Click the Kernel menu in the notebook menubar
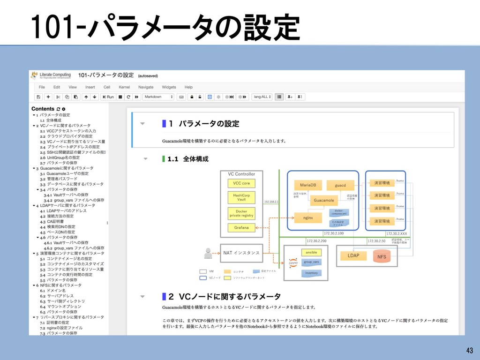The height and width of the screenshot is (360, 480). [x=124, y=87]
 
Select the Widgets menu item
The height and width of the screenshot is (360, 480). [x=169, y=87]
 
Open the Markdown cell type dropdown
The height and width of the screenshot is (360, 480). [x=159, y=97]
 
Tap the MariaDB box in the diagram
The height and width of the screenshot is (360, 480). [x=308, y=185]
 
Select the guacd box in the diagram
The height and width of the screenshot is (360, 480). [x=340, y=186]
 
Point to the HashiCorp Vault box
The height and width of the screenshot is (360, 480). [x=241, y=197]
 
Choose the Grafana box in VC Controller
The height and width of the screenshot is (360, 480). [x=241, y=228]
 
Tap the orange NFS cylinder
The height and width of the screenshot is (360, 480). [x=382, y=257]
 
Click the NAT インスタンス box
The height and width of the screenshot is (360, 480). [x=241, y=253]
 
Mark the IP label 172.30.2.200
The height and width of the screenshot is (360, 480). [x=316, y=241]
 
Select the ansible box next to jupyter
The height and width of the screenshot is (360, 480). [x=311, y=253]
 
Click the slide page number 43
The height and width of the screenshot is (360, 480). [x=469, y=350]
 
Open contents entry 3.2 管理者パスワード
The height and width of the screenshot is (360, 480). [x=61, y=179]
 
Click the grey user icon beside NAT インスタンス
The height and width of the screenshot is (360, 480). [x=209, y=253]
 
